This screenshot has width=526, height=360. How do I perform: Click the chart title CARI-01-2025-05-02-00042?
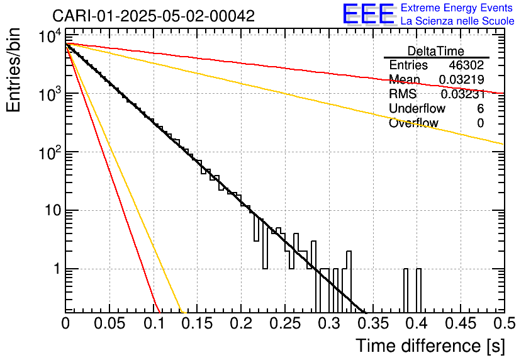pos(154,16)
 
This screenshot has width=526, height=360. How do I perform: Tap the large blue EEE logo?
pos(368,14)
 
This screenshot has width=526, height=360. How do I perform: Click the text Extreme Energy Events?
pos(457,8)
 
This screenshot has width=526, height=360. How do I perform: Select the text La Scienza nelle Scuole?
pos(457,21)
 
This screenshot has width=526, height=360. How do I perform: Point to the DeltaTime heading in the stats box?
pos(436,51)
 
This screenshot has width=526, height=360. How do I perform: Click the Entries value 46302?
pos(466,65)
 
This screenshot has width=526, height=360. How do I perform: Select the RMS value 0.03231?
pos(462,94)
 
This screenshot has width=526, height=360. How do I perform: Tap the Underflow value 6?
pos(480,109)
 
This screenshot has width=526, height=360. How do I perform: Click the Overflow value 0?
pos(480,123)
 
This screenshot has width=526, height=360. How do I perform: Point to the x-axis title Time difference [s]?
pos(430,346)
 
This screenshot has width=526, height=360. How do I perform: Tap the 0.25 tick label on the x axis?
pos(285,323)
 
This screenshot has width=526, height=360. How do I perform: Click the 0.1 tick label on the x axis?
pos(153,323)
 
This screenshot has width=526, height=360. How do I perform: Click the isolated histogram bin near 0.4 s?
pos(418,290)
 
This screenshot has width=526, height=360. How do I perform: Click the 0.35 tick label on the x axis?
pos(372,323)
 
